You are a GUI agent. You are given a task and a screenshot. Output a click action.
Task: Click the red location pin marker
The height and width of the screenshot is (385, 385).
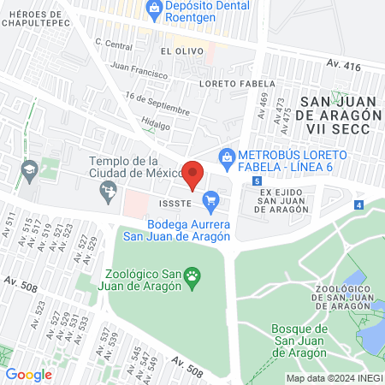[193, 175]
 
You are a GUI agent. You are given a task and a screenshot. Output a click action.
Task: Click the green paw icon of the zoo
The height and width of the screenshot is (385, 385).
[194, 275]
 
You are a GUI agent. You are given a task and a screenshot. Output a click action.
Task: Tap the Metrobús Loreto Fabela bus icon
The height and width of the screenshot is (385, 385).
[226, 156]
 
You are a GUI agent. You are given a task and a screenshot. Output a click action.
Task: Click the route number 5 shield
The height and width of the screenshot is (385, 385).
[258, 181]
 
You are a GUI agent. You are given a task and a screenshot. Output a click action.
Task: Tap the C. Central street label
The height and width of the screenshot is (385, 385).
[114, 43]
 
